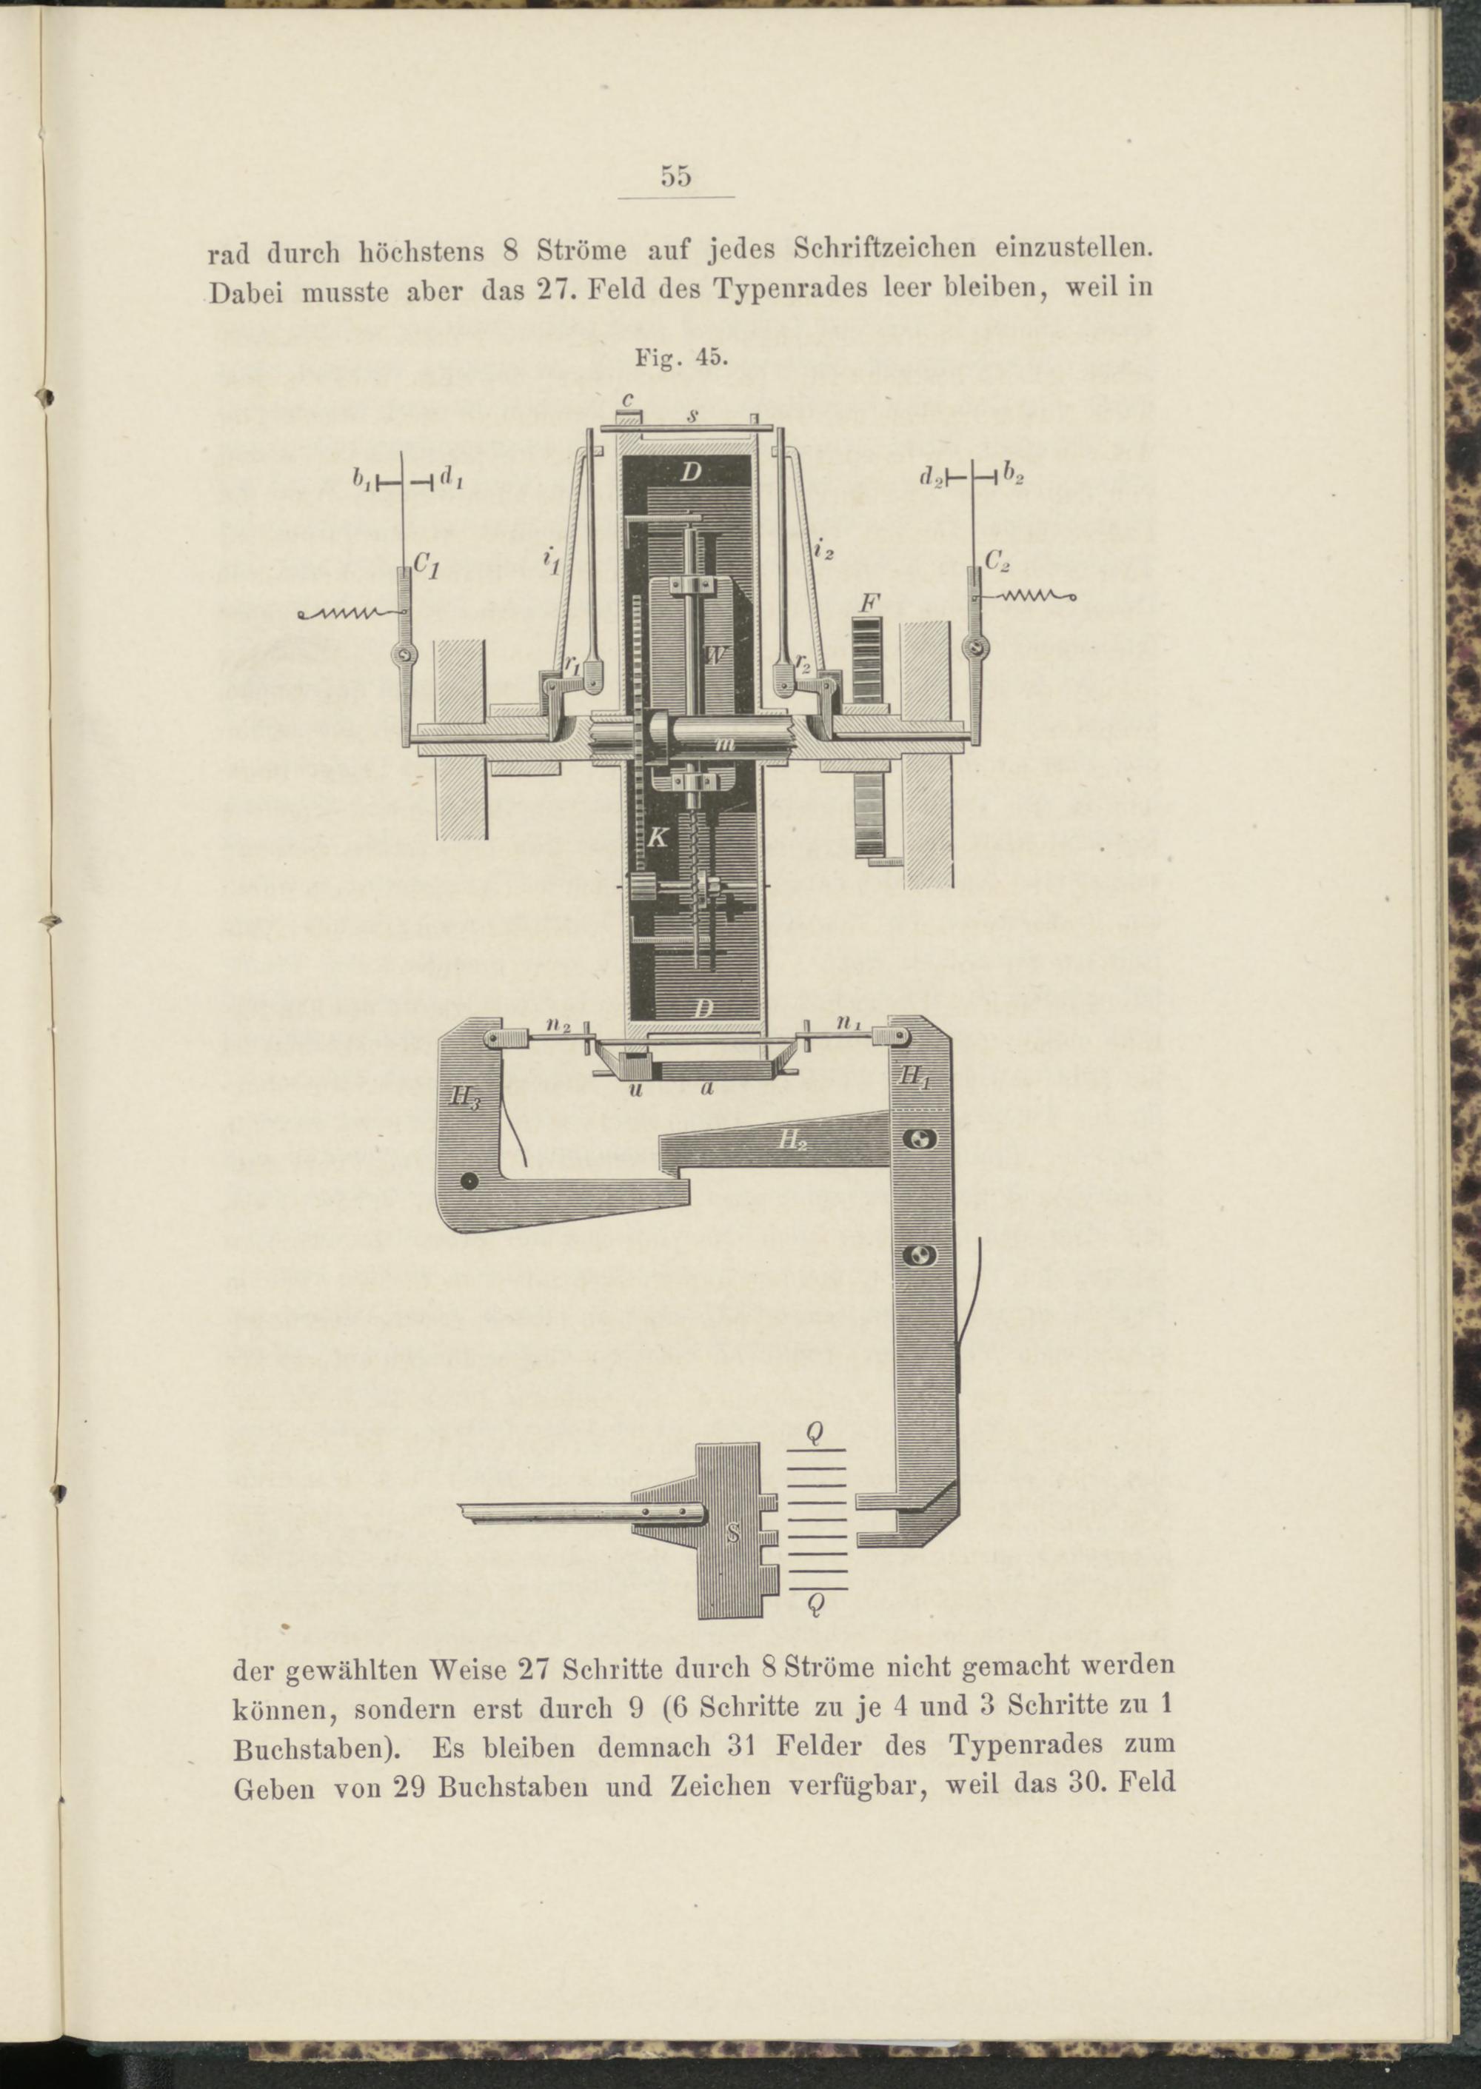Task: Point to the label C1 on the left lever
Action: click(x=427, y=566)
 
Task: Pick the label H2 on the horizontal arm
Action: click(x=792, y=1139)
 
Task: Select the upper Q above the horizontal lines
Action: click(x=816, y=1434)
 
